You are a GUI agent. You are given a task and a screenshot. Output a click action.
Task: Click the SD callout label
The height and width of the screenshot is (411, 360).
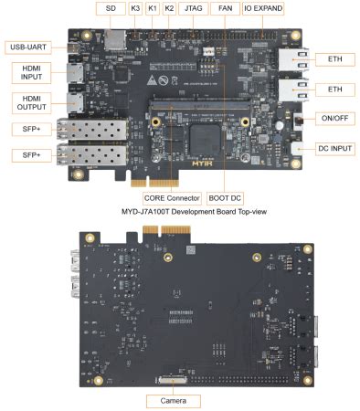pyautogui.click(x=111, y=8)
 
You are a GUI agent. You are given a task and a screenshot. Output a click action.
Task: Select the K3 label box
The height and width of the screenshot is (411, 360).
pyautogui.click(x=135, y=8)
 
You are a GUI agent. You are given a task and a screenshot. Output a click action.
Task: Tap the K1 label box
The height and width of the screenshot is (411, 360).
pyautogui.click(x=153, y=8)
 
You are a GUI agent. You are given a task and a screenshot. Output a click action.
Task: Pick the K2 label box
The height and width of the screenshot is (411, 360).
pyautogui.click(x=170, y=8)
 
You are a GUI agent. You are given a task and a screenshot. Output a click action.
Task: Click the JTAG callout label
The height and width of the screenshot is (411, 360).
pyautogui.click(x=194, y=8)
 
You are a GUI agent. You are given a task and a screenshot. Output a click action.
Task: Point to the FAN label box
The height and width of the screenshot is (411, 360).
pyautogui.click(x=224, y=8)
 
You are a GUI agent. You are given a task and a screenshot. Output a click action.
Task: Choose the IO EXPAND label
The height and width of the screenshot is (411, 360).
pyautogui.click(x=261, y=8)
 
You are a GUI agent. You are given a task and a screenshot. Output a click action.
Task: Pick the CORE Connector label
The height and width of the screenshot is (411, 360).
pyautogui.click(x=172, y=196)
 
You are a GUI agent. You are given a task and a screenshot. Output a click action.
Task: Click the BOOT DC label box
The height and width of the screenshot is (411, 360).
pyautogui.click(x=224, y=196)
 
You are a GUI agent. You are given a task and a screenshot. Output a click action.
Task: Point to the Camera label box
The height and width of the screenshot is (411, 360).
pyautogui.click(x=173, y=400)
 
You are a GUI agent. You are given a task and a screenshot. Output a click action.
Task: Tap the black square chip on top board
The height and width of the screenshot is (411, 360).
pyautogui.click(x=203, y=138)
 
